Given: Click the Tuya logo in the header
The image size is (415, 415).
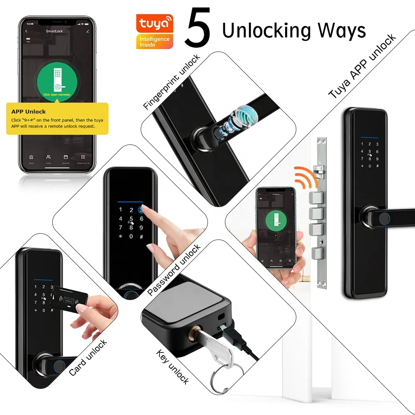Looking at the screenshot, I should [154, 24].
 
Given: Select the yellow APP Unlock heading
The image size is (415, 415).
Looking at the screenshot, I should [29, 112].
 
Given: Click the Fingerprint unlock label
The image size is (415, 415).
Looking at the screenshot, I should [171, 81].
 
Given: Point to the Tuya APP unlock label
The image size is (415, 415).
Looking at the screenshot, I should [362, 66].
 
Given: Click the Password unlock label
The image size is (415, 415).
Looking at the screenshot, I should [174, 270].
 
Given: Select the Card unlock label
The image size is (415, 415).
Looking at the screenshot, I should [88, 357].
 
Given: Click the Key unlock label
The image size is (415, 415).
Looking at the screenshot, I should [173, 367].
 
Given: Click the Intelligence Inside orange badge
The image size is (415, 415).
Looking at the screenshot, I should [154, 41].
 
